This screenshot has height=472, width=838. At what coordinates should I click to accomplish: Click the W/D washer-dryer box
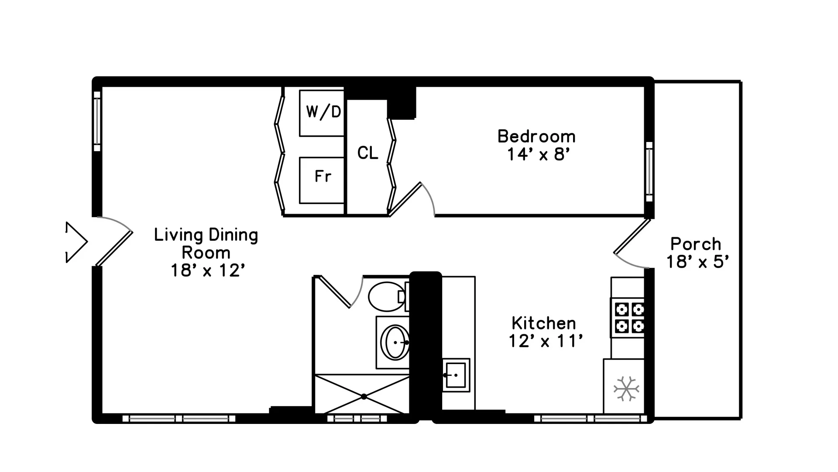pos(322,113)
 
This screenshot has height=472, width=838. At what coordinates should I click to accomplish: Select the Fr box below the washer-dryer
pos(322,180)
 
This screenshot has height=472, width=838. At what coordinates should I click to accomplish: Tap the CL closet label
pos(367,153)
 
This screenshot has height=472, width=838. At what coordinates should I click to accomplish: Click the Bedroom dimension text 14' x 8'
pos(539,155)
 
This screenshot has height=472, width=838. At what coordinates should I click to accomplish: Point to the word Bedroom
pos(536,136)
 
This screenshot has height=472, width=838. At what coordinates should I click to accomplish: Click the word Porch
pos(696,244)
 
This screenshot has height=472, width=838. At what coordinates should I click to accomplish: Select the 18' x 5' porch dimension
pos(697,262)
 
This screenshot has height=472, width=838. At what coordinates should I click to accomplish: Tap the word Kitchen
pos(544,323)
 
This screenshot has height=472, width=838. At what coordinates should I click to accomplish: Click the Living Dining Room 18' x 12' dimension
pos(206,271)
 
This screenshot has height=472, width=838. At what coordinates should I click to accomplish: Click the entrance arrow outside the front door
pos(77,242)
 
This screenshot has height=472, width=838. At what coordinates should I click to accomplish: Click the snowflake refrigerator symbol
pos(626,388)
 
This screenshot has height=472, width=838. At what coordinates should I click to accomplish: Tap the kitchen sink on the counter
pos(455,375)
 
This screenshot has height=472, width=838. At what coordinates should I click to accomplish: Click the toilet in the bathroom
pos(386,297)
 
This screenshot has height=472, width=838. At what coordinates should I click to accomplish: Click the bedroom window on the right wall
pos(649,171)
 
